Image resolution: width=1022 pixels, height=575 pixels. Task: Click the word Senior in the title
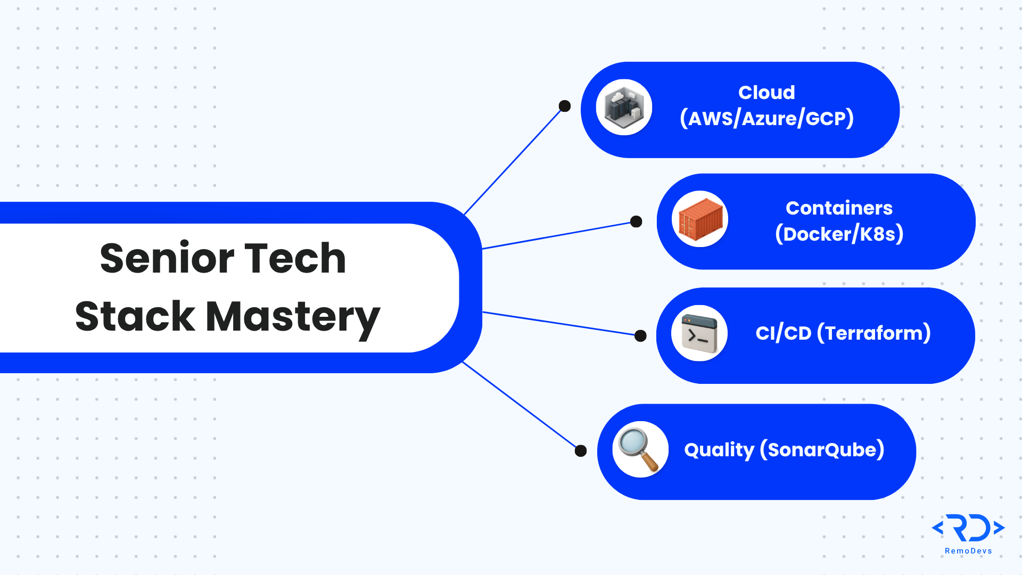click(x=167, y=258)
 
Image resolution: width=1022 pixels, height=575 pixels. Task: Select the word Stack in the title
click(x=135, y=316)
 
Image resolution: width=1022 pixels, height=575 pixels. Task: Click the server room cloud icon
click(x=624, y=108)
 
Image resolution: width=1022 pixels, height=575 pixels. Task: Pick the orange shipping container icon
click(x=700, y=219)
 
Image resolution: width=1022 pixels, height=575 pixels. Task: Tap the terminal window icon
click(x=699, y=333)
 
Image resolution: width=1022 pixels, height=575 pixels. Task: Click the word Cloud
click(x=767, y=93)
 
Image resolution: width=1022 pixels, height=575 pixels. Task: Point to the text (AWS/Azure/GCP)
click(x=767, y=119)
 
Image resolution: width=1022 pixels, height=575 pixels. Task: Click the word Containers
click(x=839, y=208)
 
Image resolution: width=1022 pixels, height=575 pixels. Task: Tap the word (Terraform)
click(x=874, y=333)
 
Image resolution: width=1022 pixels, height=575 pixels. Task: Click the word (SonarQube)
click(x=822, y=450)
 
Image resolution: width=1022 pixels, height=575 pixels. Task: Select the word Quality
click(x=719, y=450)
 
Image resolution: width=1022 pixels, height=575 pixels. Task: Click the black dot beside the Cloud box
click(x=565, y=106)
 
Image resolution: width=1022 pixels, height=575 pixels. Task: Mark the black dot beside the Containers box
click(x=636, y=221)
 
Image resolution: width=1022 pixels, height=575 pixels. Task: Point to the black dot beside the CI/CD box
click(x=641, y=335)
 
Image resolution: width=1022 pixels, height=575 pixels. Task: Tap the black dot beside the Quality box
click(x=581, y=451)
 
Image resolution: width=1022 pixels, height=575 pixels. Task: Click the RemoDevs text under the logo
click(x=968, y=551)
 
